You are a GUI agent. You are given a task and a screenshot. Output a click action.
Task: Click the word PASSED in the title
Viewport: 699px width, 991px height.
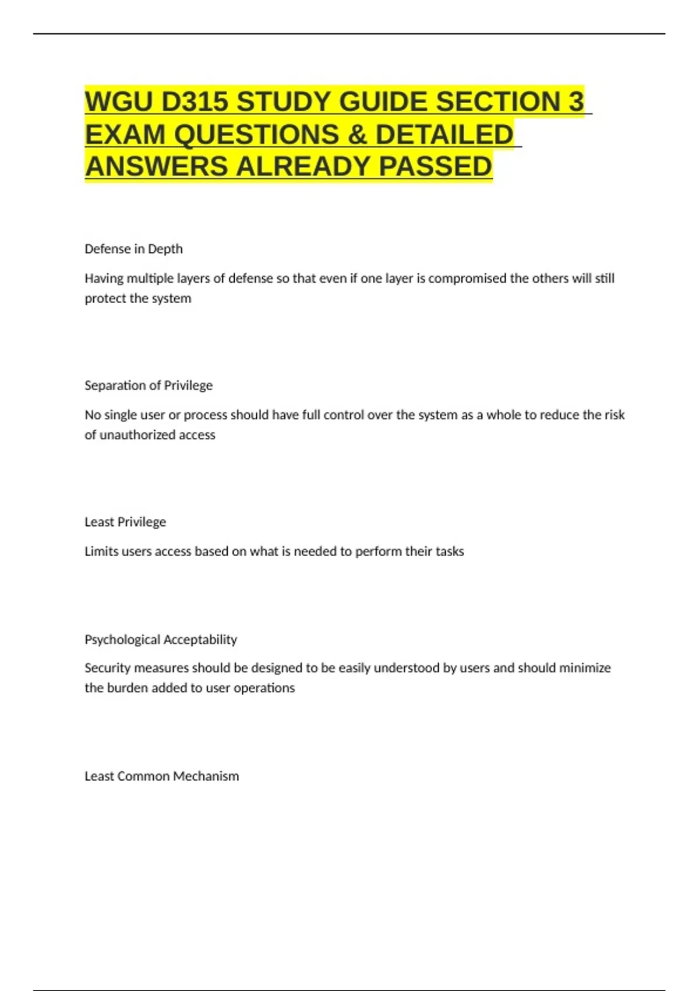click(436, 167)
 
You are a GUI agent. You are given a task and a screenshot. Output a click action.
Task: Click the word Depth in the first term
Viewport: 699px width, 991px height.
click(165, 249)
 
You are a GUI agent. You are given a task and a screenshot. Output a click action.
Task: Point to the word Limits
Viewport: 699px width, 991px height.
click(101, 551)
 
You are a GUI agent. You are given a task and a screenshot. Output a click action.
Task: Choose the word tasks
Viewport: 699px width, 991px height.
click(450, 551)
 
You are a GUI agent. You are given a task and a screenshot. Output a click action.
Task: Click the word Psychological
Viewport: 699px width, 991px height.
click(122, 639)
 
